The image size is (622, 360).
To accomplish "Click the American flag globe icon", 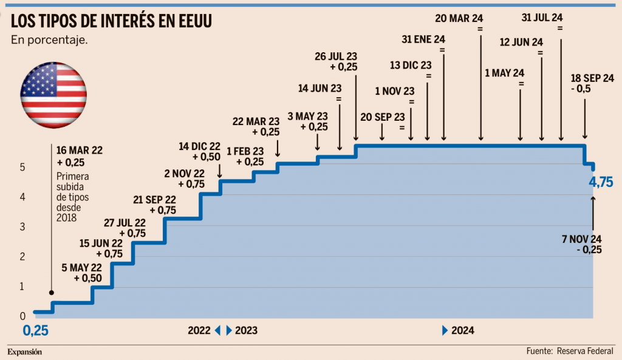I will tap(53, 95).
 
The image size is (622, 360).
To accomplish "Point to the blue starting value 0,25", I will tap(36, 331).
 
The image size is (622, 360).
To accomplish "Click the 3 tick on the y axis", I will tap(22, 226).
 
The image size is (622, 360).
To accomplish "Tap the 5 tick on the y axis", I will tap(22, 167).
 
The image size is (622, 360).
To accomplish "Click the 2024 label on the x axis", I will tap(462, 331).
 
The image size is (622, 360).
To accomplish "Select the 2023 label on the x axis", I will tap(246, 331).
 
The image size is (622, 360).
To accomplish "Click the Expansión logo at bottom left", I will tap(25, 352).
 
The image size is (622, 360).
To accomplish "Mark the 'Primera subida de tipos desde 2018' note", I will tap(72, 197).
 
